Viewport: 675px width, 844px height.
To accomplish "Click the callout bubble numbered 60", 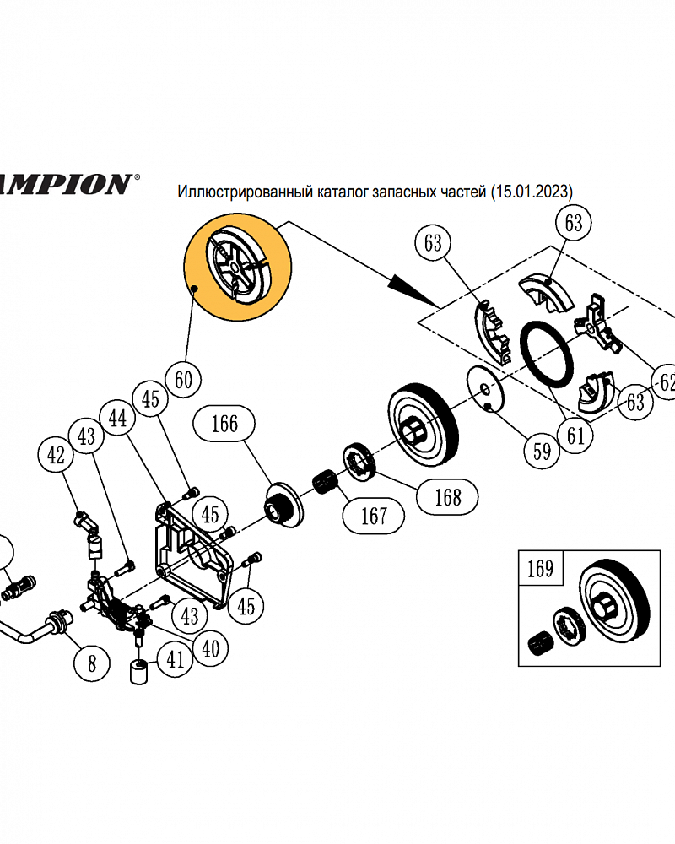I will tap(183, 380).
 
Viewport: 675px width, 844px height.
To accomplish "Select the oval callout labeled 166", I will tap(224, 424).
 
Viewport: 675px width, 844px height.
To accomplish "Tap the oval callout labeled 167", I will tap(374, 515).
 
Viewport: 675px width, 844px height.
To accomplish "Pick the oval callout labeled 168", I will tap(447, 497).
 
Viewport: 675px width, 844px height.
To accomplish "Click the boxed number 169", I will tap(540, 568).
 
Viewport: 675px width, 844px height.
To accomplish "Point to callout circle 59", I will tap(542, 451).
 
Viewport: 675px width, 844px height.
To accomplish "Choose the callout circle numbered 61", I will tap(576, 436).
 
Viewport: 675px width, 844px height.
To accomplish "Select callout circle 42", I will tap(56, 457).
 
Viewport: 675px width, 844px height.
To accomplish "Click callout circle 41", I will tap(174, 659).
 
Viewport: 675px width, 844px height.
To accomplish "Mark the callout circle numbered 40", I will tap(210, 648).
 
